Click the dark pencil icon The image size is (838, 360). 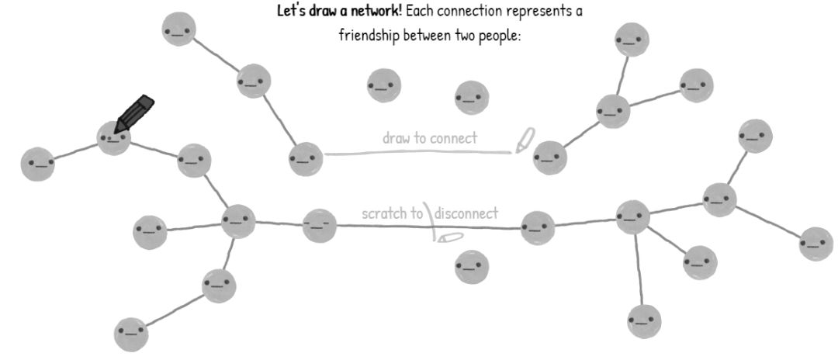[x=134, y=112]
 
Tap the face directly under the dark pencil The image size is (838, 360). [x=114, y=139]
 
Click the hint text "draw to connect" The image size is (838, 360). [x=430, y=138]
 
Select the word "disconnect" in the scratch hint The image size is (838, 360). [x=467, y=213]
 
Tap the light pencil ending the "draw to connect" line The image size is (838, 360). [x=525, y=140]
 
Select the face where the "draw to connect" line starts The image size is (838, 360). [x=305, y=160]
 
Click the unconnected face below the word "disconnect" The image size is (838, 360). [x=472, y=267]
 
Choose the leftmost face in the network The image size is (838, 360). [x=37, y=164]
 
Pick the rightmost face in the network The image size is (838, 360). [x=815, y=244]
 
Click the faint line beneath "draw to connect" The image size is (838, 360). [x=419, y=151]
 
